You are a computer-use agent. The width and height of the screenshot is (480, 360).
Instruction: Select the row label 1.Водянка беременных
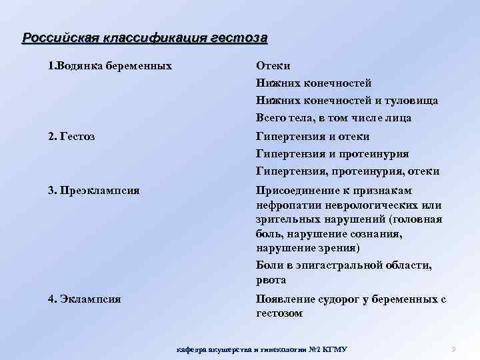[x=110, y=66]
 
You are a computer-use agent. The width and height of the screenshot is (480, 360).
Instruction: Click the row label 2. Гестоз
[x=71, y=137]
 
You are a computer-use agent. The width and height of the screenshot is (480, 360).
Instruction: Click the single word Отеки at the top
[x=273, y=66]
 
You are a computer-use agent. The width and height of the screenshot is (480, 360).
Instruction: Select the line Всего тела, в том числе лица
[x=333, y=118]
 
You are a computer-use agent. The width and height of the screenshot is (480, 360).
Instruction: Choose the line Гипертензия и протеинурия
[x=333, y=154]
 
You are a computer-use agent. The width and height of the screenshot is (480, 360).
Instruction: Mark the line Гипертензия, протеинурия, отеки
[x=347, y=171]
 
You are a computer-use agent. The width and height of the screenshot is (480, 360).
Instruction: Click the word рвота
[x=271, y=280]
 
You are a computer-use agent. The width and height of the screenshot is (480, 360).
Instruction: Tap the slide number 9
[x=453, y=349]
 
